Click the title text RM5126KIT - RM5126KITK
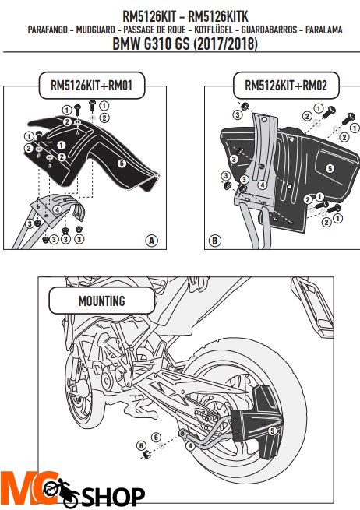click(180, 16)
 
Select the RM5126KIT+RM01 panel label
click(92, 85)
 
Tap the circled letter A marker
click(151, 241)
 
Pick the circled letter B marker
click(216, 241)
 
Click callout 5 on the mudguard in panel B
click(330, 167)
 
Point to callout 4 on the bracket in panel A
click(57, 209)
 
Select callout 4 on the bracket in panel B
click(262, 185)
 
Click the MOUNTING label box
click(90, 299)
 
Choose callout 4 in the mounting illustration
click(190, 446)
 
